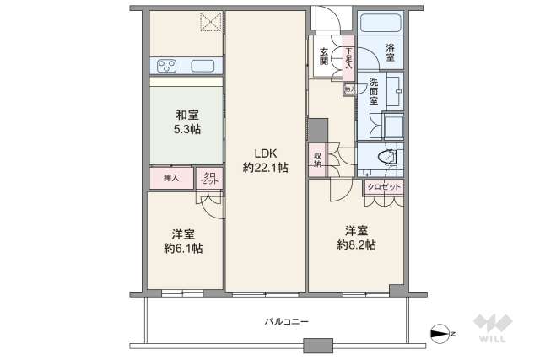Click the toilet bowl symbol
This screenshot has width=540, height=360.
click(386, 156)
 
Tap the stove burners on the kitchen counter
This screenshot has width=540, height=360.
click(165, 66)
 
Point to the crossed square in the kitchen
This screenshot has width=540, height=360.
click(210, 24)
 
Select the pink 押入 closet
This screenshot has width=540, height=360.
click(171, 179)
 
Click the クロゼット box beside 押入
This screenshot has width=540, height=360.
click(209, 179)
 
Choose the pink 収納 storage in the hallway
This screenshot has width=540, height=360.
click(318, 159)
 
